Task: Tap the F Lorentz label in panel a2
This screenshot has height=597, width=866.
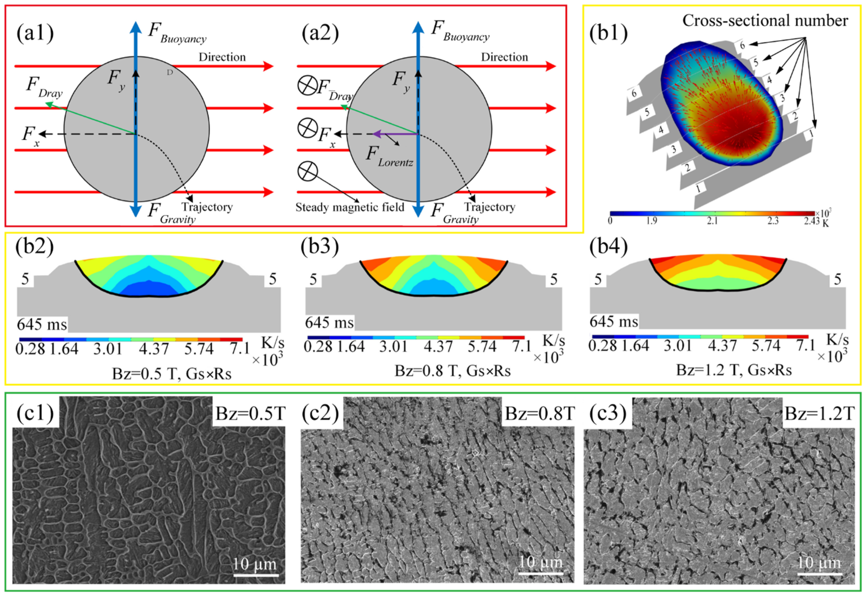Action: tap(389, 156)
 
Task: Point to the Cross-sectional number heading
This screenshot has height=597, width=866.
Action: tap(765, 20)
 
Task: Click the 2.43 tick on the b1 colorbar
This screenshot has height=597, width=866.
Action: tap(812, 221)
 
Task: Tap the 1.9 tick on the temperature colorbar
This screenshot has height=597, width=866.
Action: tap(652, 221)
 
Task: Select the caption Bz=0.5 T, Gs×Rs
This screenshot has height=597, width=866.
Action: tap(172, 374)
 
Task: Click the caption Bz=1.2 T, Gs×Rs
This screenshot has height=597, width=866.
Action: tap(734, 370)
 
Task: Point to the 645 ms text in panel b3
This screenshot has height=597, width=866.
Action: tap(329, 323)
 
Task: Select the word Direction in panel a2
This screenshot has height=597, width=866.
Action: tap(504, 57)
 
